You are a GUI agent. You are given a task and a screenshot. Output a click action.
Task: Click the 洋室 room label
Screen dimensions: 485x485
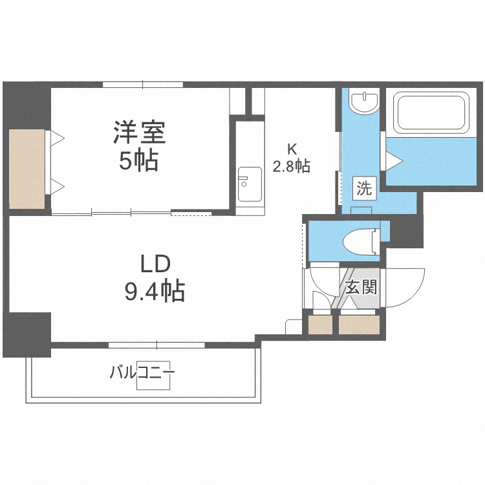[140, 133]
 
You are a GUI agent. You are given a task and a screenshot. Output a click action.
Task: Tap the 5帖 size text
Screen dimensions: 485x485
[138, 161]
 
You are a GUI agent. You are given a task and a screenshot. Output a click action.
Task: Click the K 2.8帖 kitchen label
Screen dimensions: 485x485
[291, 159]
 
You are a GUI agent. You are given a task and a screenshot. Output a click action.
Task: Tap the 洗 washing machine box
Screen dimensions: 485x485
[364, 189]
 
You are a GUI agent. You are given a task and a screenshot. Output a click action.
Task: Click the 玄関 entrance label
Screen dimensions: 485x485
[360, 286]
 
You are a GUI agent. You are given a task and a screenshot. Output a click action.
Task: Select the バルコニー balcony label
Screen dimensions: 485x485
[142, 372]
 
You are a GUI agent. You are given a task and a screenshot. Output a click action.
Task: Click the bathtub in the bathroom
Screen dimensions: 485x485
[432, 113]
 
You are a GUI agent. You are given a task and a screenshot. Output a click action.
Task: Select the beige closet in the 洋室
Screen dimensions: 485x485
[27, 169]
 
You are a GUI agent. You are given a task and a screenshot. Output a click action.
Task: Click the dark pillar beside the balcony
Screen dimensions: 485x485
[27, 334]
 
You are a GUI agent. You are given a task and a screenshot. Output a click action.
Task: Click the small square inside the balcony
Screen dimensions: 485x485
[154, 376]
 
